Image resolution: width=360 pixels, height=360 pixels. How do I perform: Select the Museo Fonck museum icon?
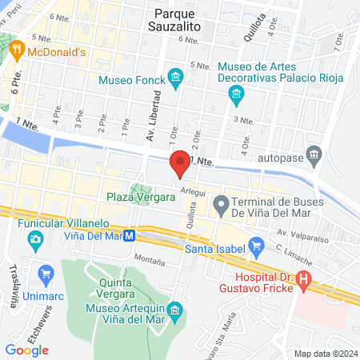pyautogui.click(x=176, y=78)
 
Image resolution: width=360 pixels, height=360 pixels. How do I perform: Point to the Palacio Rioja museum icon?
pyautogui.click(x=236, y=96)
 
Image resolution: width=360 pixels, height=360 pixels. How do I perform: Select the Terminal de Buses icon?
pyautogui.click(x=220, y=206)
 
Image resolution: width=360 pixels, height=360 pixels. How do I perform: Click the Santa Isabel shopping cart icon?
pyautogui.click(x=257, y=244)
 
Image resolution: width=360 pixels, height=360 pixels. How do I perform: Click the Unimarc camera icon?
pyautogui.click(x=44, y=273)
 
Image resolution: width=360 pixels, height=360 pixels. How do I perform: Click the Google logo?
pyautogui.click(x=27, y=350)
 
